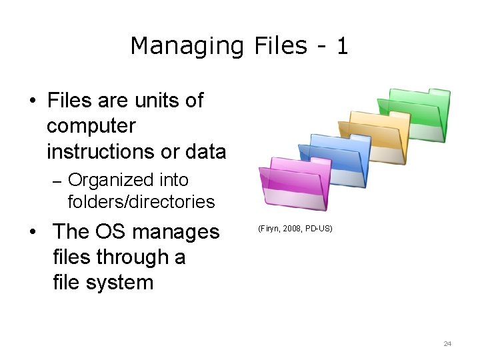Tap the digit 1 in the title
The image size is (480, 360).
pyautogui.click(x=341, y=45)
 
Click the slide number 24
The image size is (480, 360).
pyautogui.click(x=447, y=344)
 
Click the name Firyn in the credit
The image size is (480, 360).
pyautogui.click(x=270, y=229)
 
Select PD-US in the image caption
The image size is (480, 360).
pyautogui.click(x=319, y=229)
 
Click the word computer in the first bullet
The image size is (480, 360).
pyautogui.click(x=91, y=126)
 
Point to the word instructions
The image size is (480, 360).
pyautogui.click(x=103, y=151)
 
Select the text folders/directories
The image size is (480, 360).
pyautogui.click(x=141, y=201)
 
